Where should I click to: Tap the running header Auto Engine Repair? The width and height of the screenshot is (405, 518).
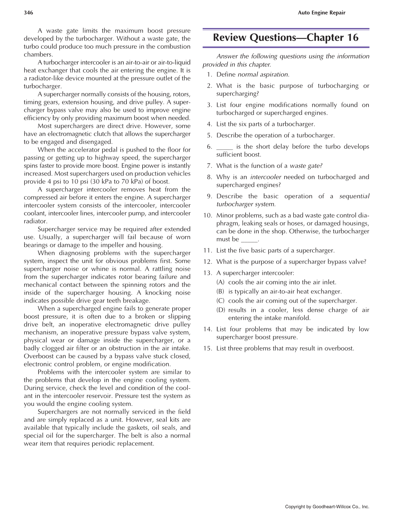click(x=321, y=13)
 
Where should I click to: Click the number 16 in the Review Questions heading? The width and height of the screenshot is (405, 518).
click(x=352, y=38)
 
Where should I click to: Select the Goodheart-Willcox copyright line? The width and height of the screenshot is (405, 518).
click(x=327, y=506)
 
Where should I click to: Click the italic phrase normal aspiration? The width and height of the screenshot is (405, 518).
click(x=263, y=75)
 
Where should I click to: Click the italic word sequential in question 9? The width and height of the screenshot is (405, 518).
click(x=354, y=196)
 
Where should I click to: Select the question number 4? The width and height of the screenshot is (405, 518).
click(x=210, y=124)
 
